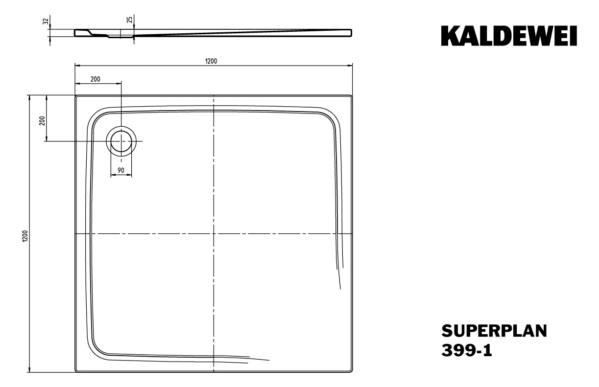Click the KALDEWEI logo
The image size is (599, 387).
click(x=509, y=36)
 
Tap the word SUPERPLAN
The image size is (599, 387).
click(x=494, y=331)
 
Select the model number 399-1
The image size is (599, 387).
click(x=467, y=350)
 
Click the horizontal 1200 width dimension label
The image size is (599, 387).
click(x=211, y=61)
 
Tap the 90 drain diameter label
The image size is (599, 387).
click(x=120, y=170)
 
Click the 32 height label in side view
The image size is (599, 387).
click(x=46, y=22)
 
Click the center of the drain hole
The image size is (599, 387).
click(x=121, y=141)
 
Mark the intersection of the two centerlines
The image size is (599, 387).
click(x=214, y=234)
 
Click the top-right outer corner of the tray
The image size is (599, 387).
click(x=352, y=96)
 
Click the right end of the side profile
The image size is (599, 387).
click(x=351, y=32)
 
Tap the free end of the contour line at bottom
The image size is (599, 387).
click(x=269, y=361)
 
